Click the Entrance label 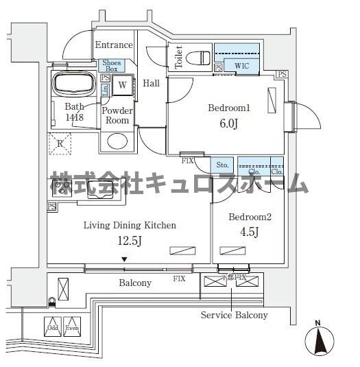tap(113, 45)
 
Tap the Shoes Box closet tap(112, 66)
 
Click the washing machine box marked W tap(122, 85)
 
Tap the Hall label tap(151, 84)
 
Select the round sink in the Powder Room tap(117, 141)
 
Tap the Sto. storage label tap(222, 165)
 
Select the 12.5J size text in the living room tap(130, 241)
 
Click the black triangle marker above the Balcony tap(124, 259)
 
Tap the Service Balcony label tap(234, 315)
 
